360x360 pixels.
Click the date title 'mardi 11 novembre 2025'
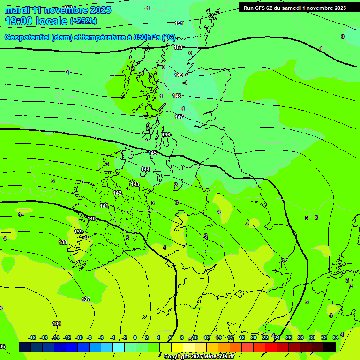pos(58,10)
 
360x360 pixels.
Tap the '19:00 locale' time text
pos(36,21)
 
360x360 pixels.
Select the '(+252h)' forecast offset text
pos(83,21)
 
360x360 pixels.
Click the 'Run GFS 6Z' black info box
pos(295,7)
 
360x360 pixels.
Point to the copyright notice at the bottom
pos(199,357)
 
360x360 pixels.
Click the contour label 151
pos(179,23)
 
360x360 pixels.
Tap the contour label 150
pos(178,47)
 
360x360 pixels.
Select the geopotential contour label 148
pos(177,96)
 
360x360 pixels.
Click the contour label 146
pos(166,135)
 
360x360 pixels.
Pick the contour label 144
pos(145,169)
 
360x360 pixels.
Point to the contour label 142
pos(117,193)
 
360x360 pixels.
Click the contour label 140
pos(91,218)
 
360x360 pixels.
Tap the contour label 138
pos(63,242)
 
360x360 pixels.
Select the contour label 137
pos(86,299)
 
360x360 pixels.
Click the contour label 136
pos(57,323)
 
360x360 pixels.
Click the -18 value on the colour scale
pos(32,337)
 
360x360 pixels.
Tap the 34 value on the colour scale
pos(336,337)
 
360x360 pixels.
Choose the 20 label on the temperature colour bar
pos(254,337)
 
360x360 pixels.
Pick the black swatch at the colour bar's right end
pos(330,347)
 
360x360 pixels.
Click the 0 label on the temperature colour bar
pos(135,337)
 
